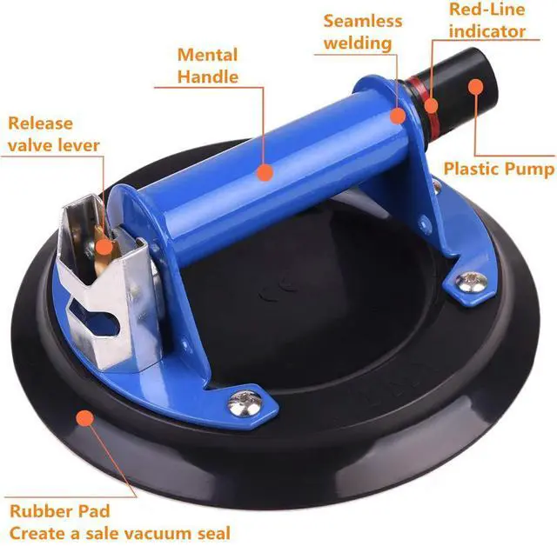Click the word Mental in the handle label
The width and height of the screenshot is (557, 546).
(x=207, y=55)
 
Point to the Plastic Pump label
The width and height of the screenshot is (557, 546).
(x=499, y=168)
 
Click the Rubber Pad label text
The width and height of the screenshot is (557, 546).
(x=60, y=510)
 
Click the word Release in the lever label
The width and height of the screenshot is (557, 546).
(x=42, y=123)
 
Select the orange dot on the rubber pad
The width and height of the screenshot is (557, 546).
(x=84, y=418)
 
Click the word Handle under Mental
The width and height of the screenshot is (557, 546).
(x=207, y=77)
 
